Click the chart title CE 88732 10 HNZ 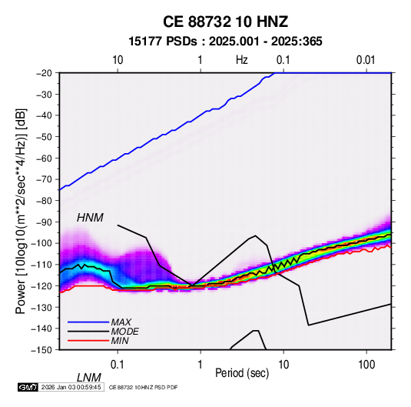click(225, 22)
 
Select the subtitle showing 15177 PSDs click(225, 42)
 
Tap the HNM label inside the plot click(90, 218)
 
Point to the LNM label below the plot click(89, 378)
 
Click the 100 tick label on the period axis click(366, 365)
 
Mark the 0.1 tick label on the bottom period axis click(118, 365)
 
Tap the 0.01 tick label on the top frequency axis click(366, 60)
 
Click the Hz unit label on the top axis click(242, 60)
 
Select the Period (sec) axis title click(242, 373)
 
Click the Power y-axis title click(21, 211)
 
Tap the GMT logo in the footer click(28, 387)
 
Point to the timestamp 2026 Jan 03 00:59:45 click(71, 387)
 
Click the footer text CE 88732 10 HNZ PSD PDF click(143, 387)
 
